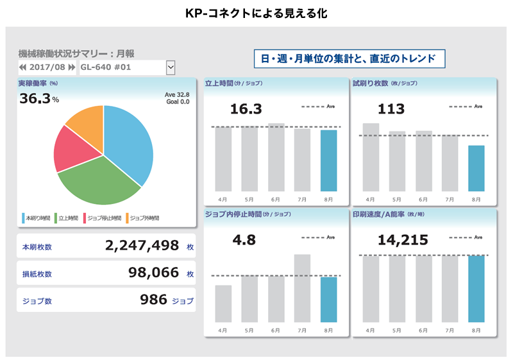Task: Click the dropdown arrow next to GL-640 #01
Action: [170, 67]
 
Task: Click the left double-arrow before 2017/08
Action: [23, 67]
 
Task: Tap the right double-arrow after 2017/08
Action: [71, 67]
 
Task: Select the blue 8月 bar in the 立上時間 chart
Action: [328, 160]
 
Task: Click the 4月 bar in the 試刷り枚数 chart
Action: [371, 157]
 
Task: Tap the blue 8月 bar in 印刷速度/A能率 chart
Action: [476, 289]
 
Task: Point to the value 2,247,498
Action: [141, 246]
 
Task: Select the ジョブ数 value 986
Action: [154, 300]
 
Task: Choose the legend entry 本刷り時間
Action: [37, 218]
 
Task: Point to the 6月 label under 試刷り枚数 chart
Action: [423, 200]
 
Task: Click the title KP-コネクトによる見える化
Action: [256, 13]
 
